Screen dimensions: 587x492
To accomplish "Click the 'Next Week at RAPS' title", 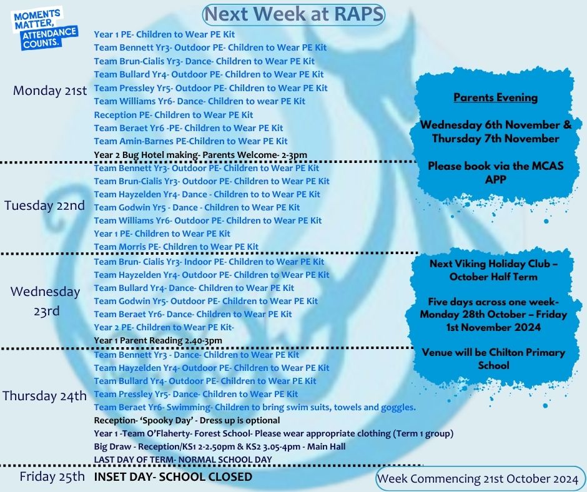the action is pos(293,14).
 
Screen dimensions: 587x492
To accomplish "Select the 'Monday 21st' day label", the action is pos(50,91).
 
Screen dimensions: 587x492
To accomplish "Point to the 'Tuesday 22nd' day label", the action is pos(44,205).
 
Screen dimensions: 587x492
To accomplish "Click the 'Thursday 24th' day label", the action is pos(44,396).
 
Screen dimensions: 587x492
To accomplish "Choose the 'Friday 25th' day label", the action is pos(52,476).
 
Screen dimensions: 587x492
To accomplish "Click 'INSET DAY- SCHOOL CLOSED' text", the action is pos(173,477).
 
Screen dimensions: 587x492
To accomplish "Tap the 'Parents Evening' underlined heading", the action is pos(495,97).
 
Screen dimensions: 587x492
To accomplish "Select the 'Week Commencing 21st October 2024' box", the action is pos(478,478).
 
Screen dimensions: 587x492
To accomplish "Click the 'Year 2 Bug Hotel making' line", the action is pos(200,155).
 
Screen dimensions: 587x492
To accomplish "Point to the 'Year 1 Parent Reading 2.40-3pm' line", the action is pos(158,340).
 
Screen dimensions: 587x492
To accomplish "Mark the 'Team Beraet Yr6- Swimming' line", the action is pos(255,407).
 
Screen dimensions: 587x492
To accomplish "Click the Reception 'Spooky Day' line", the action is pos(187,420).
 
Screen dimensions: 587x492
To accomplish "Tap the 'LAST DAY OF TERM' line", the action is pos(183,460).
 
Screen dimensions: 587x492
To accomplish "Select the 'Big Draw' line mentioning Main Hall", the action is pos(220,446).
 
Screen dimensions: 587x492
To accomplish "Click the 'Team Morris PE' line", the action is pos(176,247).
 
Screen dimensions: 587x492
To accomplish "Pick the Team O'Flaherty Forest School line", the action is pos(274,433).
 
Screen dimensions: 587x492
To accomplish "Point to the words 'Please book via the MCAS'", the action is pos(495,166).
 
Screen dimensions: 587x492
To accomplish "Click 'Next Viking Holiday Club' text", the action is pos(493,263).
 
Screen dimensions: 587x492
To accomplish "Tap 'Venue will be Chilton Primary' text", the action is pos(493,352).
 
